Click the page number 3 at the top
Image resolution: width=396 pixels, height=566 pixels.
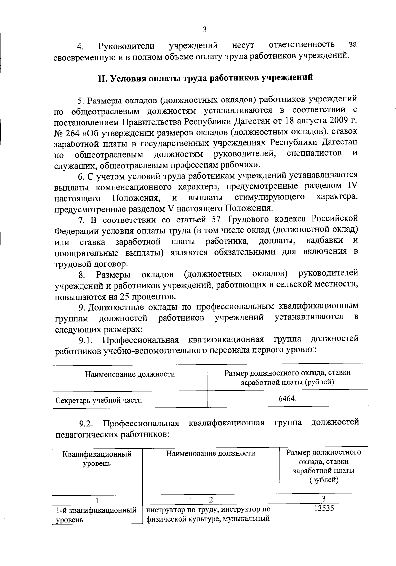point(205,30)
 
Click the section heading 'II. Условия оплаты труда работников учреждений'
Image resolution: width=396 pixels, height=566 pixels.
point(205,78)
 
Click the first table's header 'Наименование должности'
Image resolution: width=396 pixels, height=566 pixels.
point(130,374)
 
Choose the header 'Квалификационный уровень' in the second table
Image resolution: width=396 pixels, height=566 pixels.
point(97,459)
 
